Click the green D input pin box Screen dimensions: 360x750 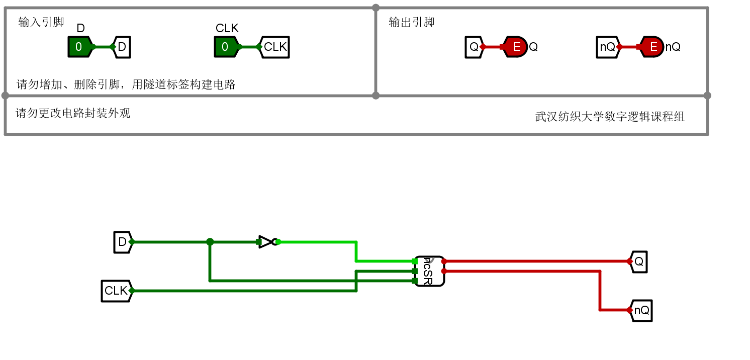[79, 47]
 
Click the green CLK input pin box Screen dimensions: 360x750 [226, 47]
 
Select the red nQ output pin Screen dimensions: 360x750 [652, 47]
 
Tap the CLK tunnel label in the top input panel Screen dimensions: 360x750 [275, 47]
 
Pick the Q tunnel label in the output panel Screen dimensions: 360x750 [474, 47]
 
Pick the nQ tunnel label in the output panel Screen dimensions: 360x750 [607, 47]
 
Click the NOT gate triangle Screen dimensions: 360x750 [266, 242]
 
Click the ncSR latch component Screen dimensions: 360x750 [429, 271]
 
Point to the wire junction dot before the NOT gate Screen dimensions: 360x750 [210, 242]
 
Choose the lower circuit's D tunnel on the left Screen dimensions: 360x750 [122, 242]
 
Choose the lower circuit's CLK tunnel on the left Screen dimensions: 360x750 [116, 291]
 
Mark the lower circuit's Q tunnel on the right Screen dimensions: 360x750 [639, 261]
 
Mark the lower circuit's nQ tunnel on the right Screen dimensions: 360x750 [641, 310]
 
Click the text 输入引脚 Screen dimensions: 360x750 [41, 22]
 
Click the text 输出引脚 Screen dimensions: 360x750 [412, 22]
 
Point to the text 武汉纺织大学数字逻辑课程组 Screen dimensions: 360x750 [610, 117]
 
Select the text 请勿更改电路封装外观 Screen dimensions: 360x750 [73, 113]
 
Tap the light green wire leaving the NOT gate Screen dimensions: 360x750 [317, 242]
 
